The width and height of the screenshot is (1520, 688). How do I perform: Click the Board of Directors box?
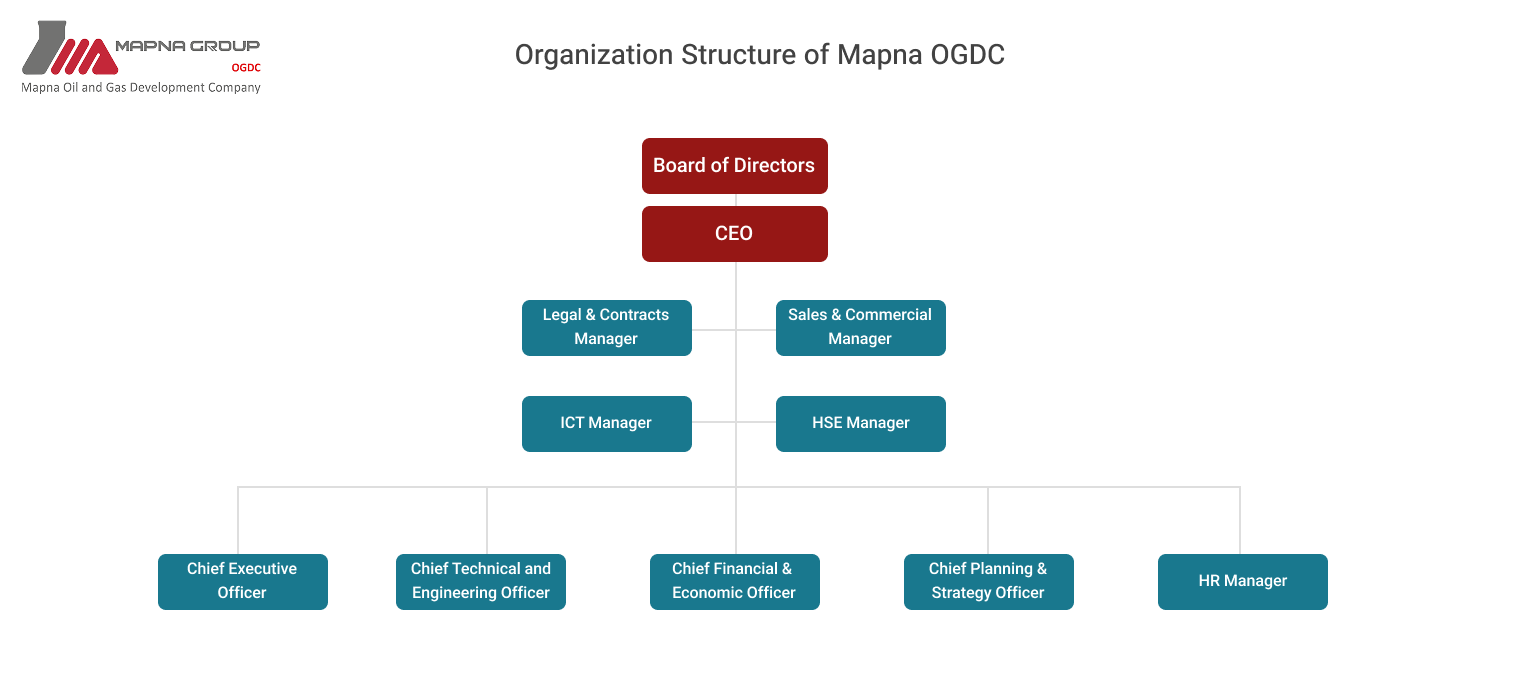click(734, 166)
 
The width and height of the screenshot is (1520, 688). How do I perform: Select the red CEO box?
click(734, 234)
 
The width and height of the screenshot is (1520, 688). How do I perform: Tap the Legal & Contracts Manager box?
click(606, 327)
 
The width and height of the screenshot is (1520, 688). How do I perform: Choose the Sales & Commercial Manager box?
click(860, 327)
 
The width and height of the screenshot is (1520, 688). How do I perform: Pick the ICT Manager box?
click(606, 423)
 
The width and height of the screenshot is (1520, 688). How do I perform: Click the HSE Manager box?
click(860, 423)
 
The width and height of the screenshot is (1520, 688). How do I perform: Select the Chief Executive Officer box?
click(242, 581)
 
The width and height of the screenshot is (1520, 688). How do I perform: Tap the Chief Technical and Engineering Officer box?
click(480, 581)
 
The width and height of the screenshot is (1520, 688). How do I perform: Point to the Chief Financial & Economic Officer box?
click(734, 581)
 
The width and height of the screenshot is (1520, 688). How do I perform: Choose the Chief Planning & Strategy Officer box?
click(988, 581)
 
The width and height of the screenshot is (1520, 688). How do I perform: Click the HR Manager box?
click(1242, 581)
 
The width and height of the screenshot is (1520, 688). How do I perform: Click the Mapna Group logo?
click(141, 58)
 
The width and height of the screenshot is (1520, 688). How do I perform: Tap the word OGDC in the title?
click(967, 55)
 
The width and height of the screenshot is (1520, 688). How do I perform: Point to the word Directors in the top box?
click(777, 166)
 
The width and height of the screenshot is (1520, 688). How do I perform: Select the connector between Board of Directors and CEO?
click(735, 200)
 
